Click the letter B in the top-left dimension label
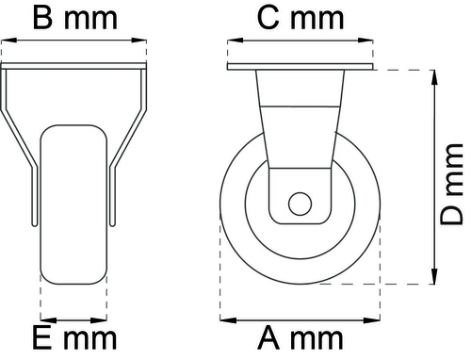(x=42, y=19)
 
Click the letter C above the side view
(x=268, y=19)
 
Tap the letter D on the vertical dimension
(x=452, y=215)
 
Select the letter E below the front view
(x=41, y=338)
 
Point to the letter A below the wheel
(x=268, y=338)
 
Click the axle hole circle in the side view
(x=300, y=204)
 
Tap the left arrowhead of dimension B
(x=9, y=41)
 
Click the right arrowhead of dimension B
(x=138, y=41)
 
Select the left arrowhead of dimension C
(x=235, y=41)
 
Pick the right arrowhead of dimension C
(x=365, y=41)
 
